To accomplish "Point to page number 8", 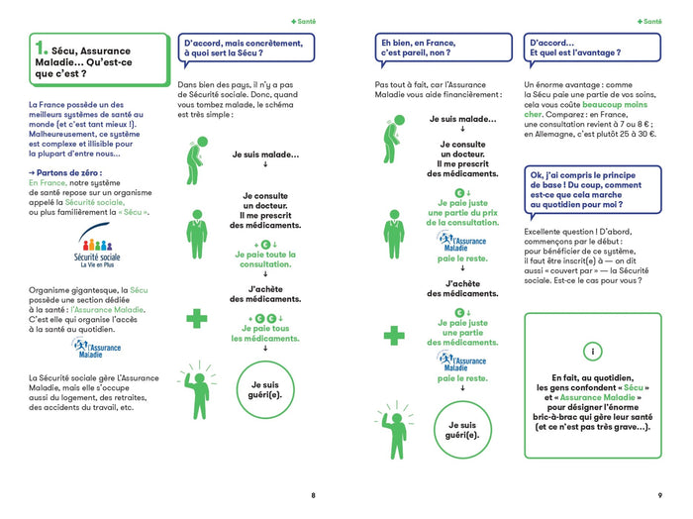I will (314, 495).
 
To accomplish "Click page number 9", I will (659, 495).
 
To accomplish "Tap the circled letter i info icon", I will (592, 353).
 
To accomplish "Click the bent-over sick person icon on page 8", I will (196, 155).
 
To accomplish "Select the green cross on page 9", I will (394, 335).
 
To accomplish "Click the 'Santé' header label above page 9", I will (649, 20).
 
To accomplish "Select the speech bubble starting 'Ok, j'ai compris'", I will (592, 188).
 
